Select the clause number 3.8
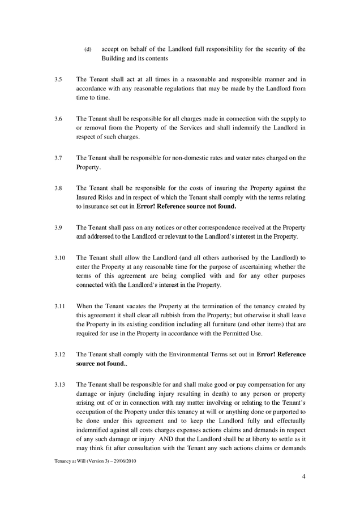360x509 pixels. pos(58,188)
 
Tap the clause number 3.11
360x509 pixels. pos(59,306)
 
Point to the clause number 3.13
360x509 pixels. pos(59,385)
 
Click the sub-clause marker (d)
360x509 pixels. pos(88,49)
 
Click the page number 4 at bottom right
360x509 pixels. pos(303,476)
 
